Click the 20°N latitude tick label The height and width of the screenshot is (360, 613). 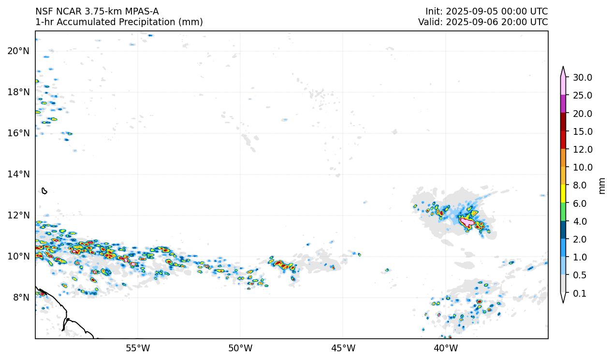point(18,51)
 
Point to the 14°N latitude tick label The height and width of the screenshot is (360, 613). point(18,174)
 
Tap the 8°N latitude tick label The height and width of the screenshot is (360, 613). point(20,297)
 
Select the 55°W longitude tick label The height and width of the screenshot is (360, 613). point(138,348)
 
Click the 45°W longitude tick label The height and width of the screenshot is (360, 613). point(343,348)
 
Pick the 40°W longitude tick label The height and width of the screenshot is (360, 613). point(445,348)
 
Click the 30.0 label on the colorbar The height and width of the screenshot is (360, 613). point(582,77)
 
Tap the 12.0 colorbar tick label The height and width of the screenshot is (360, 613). point(582,149)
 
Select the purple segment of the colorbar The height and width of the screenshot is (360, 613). point(563,104)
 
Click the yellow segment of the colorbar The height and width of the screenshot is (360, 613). point(563,194)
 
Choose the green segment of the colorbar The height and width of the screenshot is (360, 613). point(563,212)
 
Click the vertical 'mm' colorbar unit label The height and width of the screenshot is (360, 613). point(602,186)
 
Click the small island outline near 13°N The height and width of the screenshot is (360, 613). point(44,191)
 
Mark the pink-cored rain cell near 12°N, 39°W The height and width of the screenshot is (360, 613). point(467,222)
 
